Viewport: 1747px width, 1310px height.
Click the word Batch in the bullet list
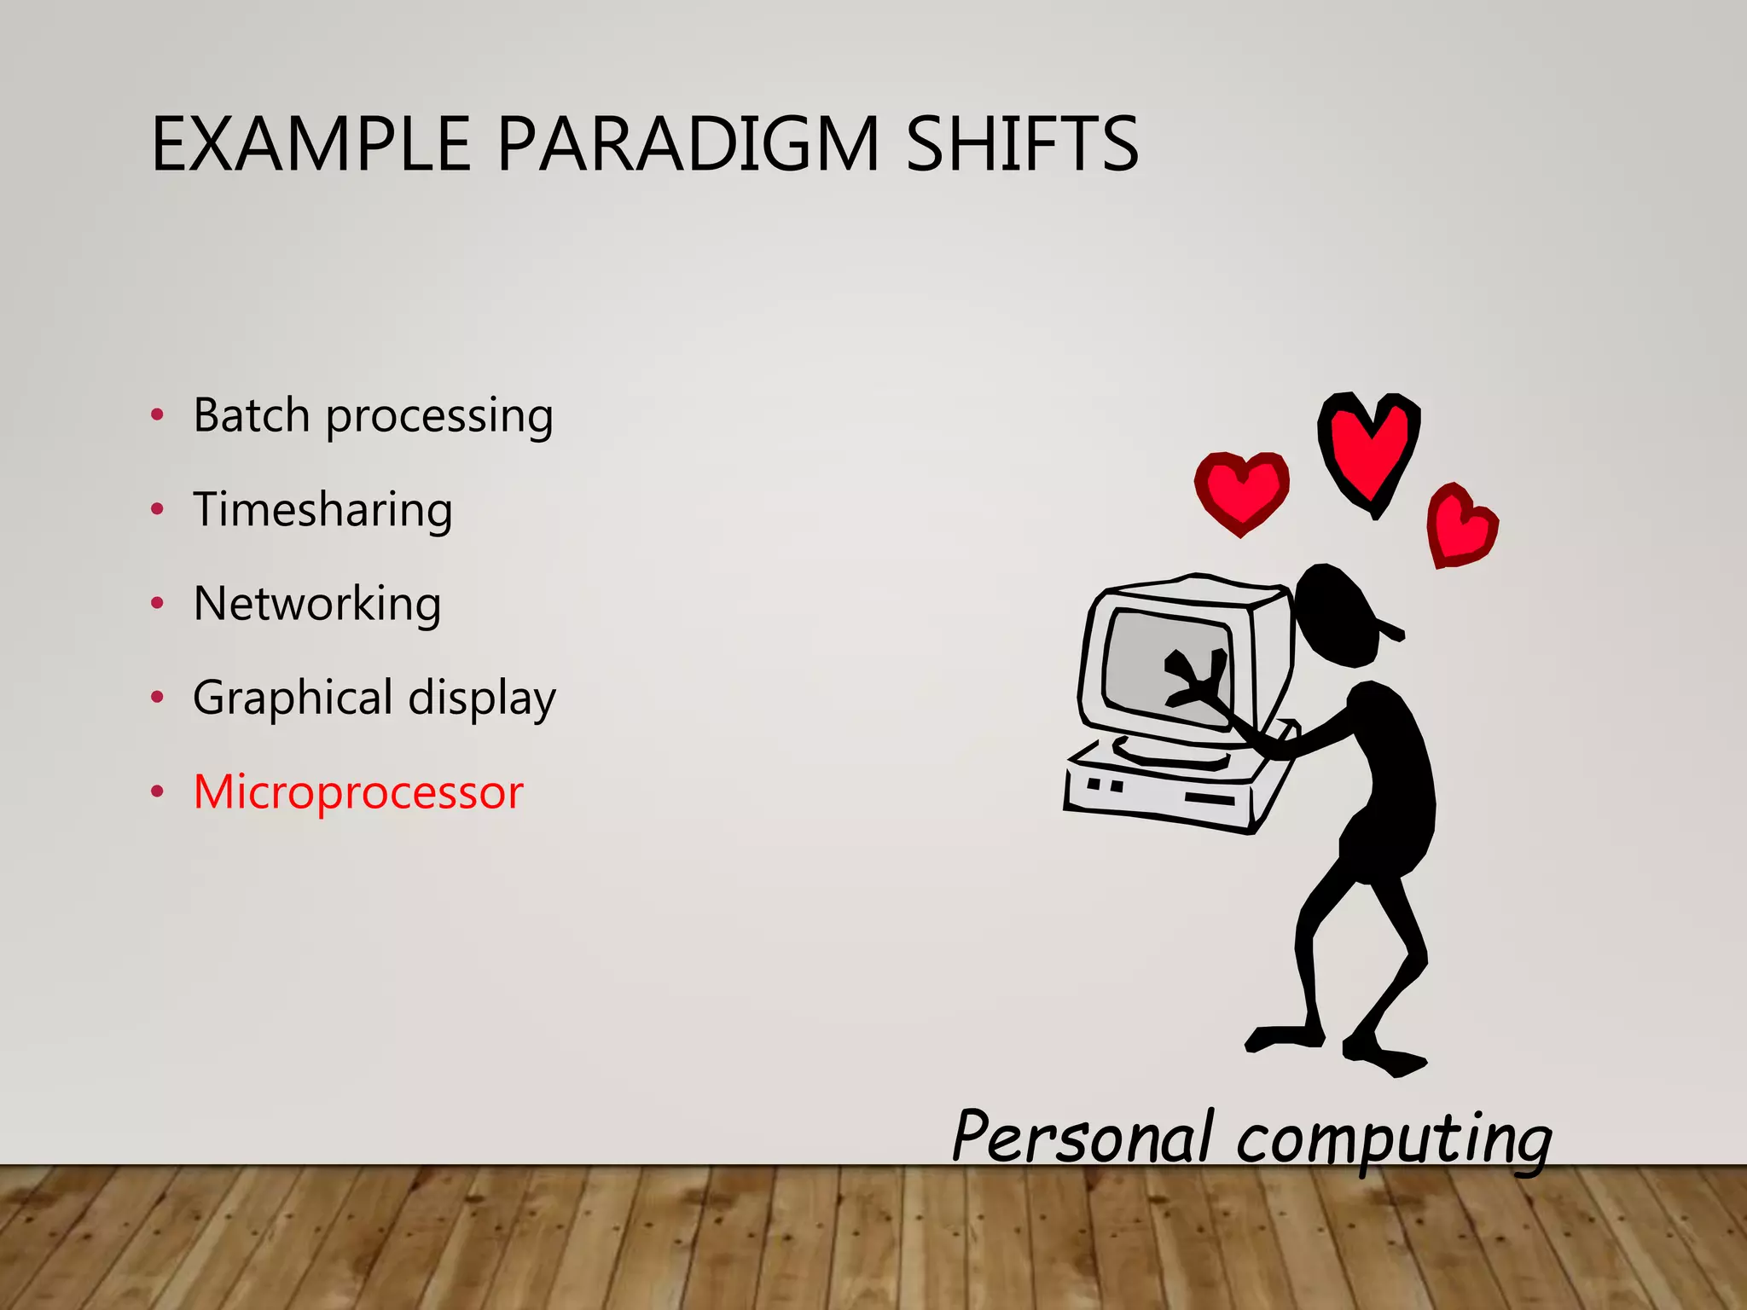click(x=251, y=415)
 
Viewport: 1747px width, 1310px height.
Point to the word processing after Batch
click(x=439, y=418)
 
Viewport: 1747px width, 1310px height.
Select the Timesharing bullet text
click(x=322, y=510)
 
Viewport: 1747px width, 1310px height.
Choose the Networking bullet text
click(x=317, y=604)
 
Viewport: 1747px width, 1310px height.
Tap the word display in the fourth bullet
click(x=482, y=698)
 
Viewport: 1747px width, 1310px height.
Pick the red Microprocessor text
click(x=358, y=792)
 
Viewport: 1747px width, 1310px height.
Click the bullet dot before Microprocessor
click(x=157, y=792)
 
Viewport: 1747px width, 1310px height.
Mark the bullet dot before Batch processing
click(x=157, y=415)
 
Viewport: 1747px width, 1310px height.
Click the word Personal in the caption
click(x=1082, y=1137)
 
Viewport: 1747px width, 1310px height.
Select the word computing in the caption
click(x=1394, y=1141)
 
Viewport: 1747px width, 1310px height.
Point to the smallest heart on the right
click(x=1461, y=525)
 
